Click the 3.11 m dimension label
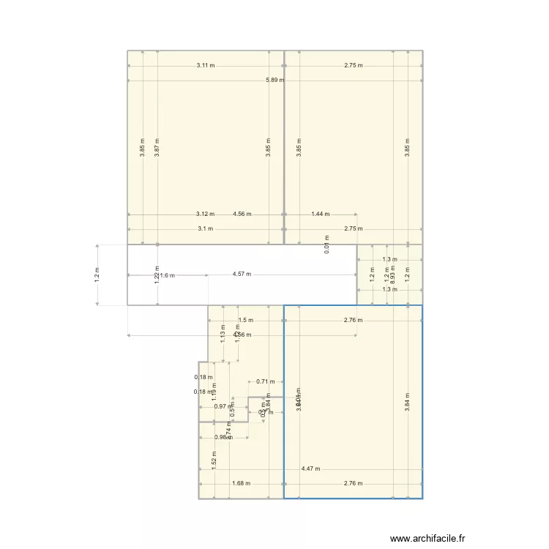click(206, 65)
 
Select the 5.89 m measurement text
click(275, 80)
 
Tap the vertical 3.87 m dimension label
click(157, 147)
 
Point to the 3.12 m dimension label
click(205, 214)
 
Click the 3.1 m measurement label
click(205, 228)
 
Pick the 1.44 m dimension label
click(320, 214)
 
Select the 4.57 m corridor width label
click(242, 274)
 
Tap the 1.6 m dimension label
click(168, 275)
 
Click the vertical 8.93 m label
click(393, 274)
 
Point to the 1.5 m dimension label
click(246, 320)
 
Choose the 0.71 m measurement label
click(266, 381)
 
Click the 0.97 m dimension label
click(220, 406)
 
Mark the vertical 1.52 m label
click(214, 458)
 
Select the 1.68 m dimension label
click(241, 483)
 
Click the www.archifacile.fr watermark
click(427, 538)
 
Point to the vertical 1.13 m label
click(223, 334)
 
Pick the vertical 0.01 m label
click(326, 243)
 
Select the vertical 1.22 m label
click(157, 274)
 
